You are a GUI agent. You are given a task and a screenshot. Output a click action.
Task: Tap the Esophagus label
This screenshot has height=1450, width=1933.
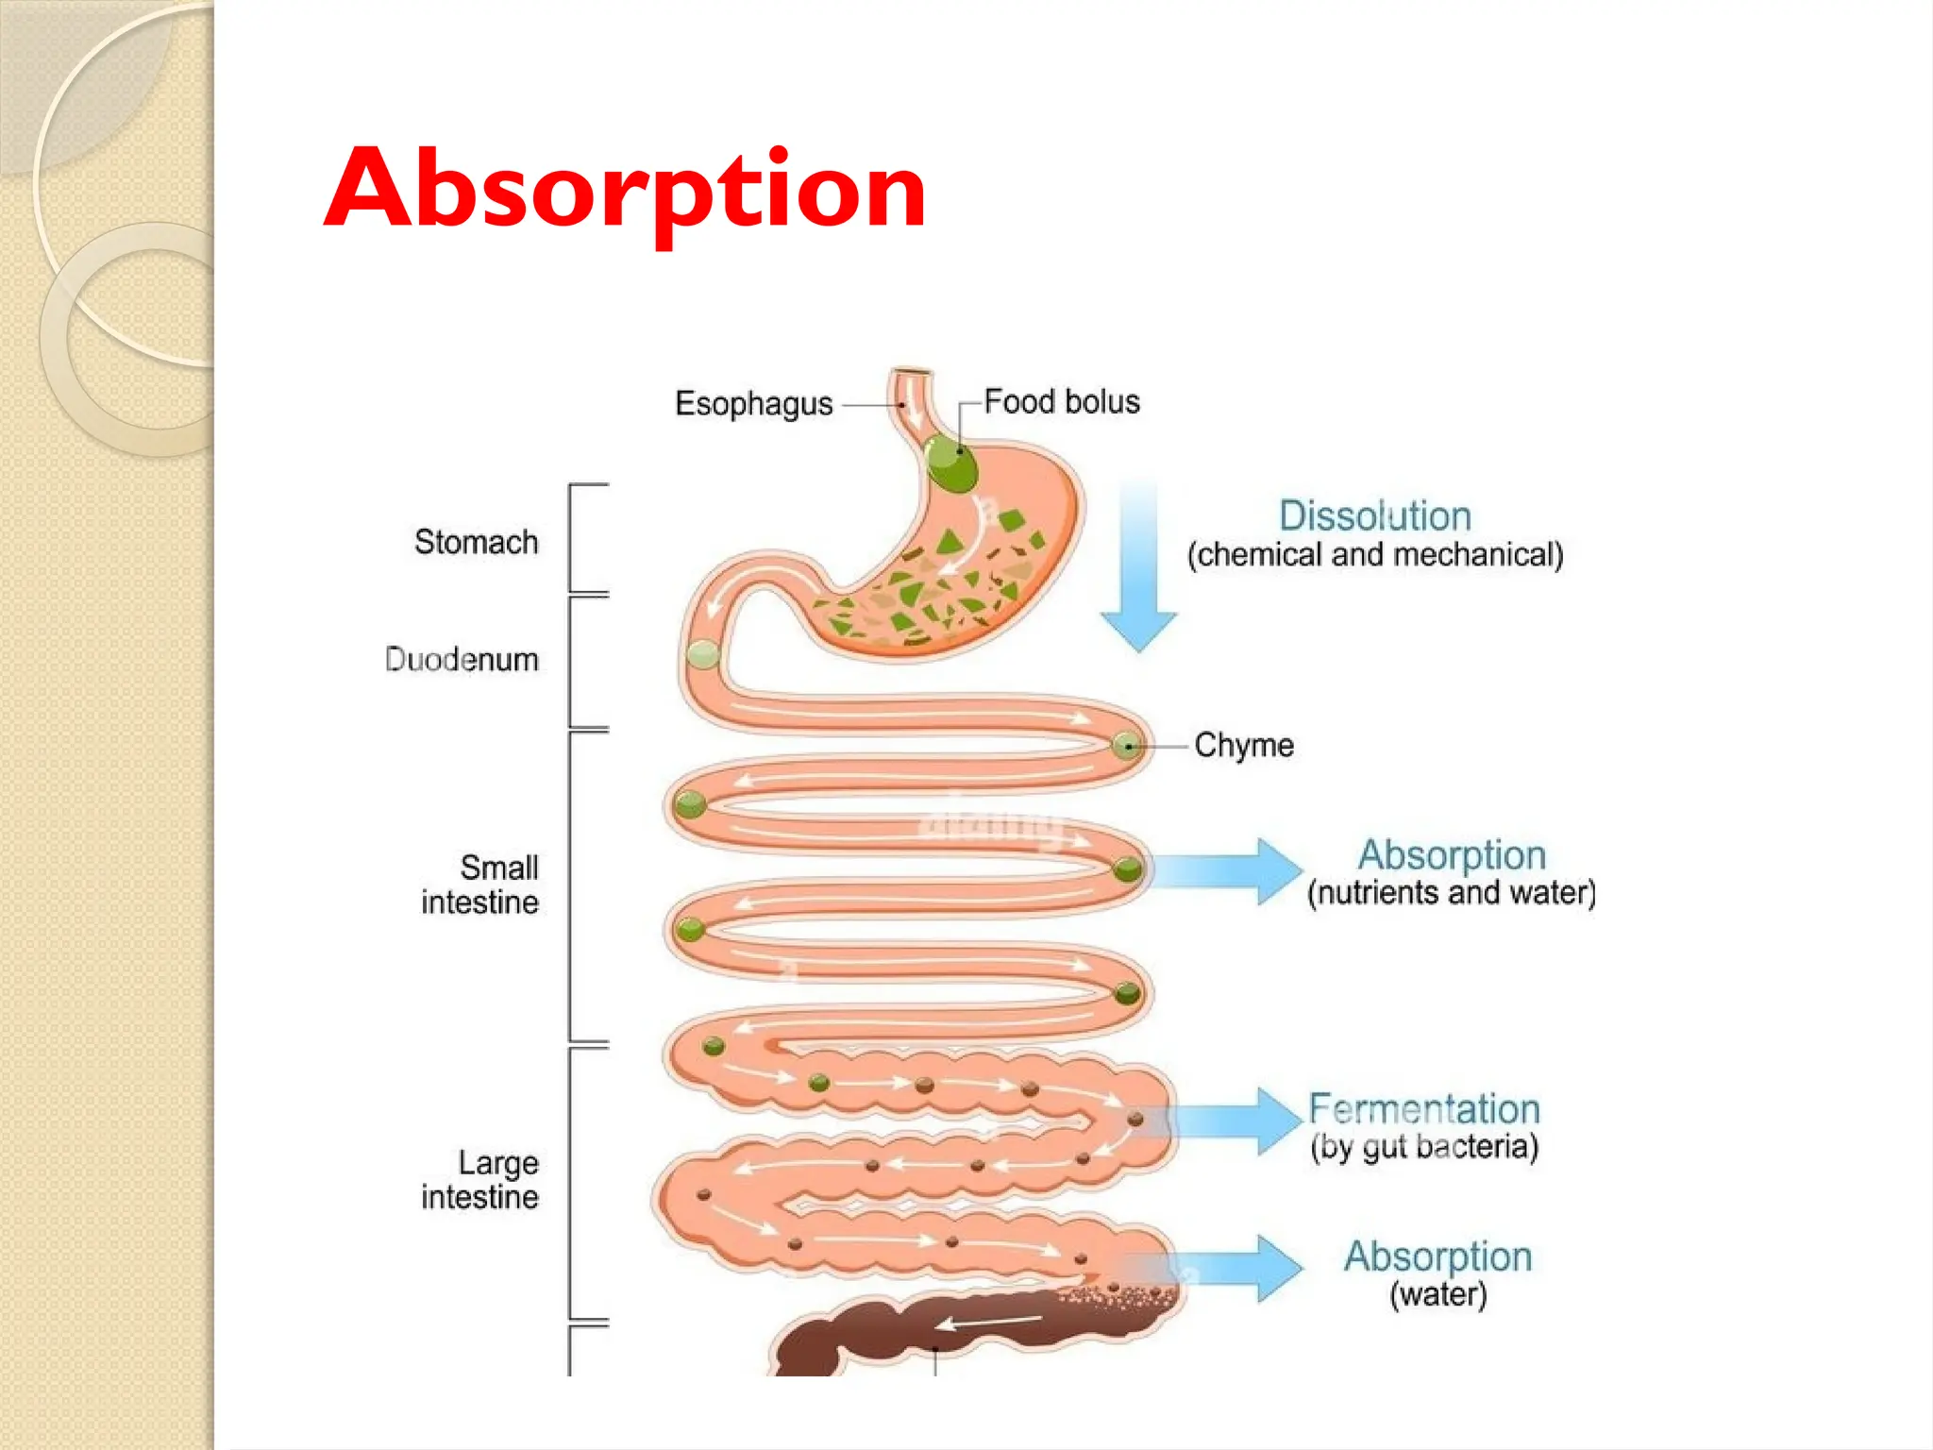[x=753, y=404]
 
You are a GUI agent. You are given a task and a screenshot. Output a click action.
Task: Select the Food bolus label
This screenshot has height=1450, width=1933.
[x=1061, y=402]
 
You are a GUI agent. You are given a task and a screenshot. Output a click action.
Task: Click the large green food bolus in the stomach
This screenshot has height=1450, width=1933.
[x=950, y=463]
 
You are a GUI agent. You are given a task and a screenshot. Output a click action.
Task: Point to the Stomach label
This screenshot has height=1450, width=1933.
[x=476, y=542]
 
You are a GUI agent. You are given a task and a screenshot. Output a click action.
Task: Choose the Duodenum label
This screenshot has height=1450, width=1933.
[x=462, y=659]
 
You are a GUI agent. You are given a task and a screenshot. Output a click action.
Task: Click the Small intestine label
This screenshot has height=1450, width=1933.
[x=481, y=885]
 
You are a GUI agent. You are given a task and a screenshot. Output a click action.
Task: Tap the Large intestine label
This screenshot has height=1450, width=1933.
[x=481, y=1180]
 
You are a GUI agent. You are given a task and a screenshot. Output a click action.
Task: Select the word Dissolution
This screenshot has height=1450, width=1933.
[x=1374, y=516]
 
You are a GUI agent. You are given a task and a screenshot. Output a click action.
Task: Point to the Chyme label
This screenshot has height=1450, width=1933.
[x=1244, y=746]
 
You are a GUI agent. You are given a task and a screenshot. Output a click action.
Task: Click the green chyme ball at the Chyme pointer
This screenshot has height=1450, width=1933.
[x=1126, y=746]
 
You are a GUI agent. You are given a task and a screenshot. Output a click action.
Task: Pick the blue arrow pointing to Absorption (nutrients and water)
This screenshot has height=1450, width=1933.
[x=1227, y=870]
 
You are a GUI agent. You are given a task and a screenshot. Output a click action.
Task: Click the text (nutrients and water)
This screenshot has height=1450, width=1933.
[x=1451, y=893]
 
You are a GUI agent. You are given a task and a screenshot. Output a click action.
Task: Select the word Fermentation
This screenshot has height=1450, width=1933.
[x=1423, y=1108]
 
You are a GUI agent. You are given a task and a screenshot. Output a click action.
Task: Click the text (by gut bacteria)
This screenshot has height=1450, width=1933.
[x=1423, y=1147]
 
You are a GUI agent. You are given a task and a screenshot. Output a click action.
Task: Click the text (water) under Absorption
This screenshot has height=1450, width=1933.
[x=1437, y=1294]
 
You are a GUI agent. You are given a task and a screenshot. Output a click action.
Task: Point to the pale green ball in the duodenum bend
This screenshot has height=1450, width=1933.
[x=703, y=654]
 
